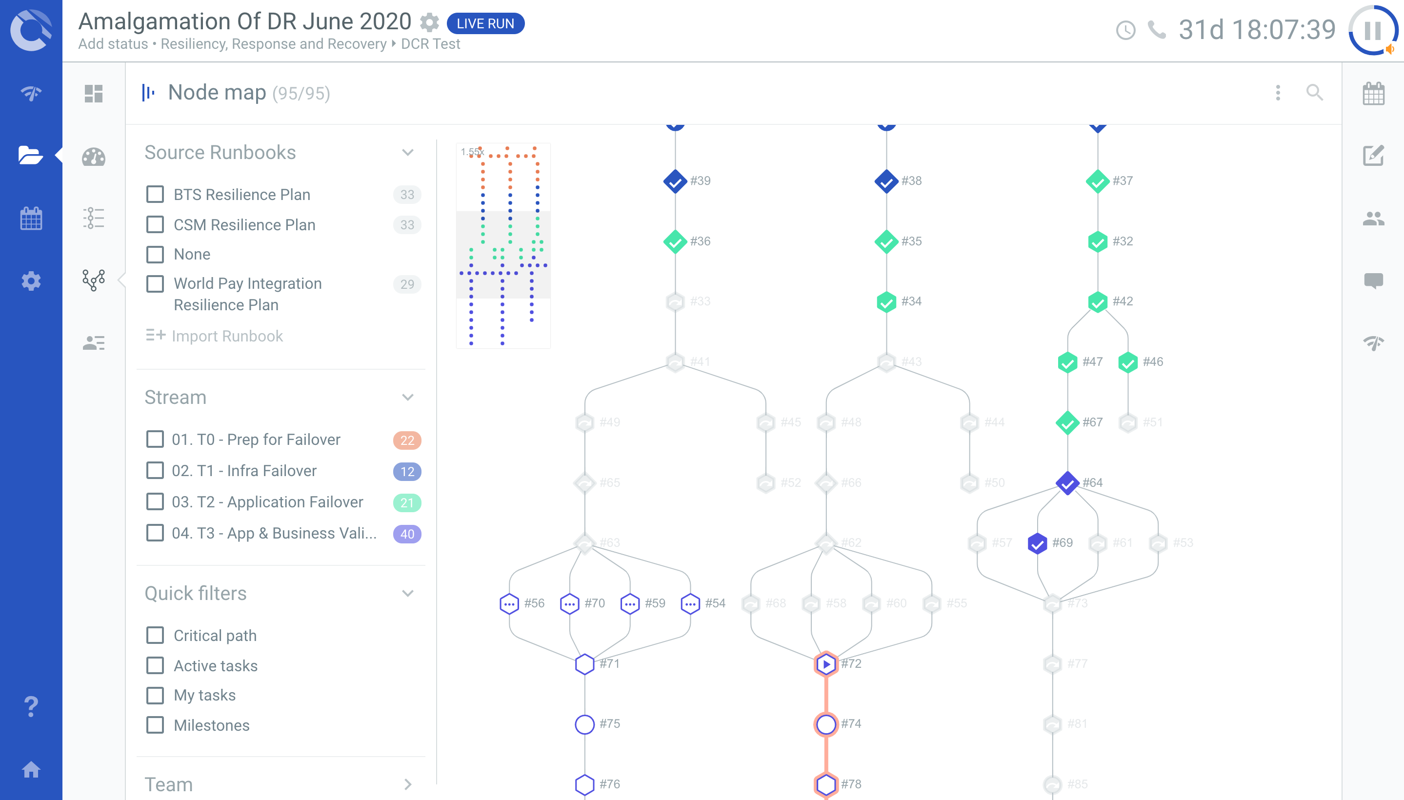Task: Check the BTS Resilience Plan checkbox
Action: click(155, 195)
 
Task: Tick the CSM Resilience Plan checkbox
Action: click(155, 225)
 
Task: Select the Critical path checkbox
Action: click(155, 635)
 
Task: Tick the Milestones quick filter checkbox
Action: click(155, 725)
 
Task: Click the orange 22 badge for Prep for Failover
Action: click(407, 440)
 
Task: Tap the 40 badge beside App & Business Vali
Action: click(407, 534)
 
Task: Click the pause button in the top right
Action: click(1372, 30)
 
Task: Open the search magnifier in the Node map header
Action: click(1314, 93)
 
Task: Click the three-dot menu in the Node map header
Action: click(1278, 93)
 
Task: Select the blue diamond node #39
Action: click(675, 181)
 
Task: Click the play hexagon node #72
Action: click(825, 664)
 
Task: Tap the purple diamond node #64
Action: click(1067, 483)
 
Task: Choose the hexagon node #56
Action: click(509, 603)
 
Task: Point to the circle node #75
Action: click(584, 724)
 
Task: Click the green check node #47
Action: click(1067, 362)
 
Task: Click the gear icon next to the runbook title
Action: click(429, 22)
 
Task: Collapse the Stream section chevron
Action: click(407, 397)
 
